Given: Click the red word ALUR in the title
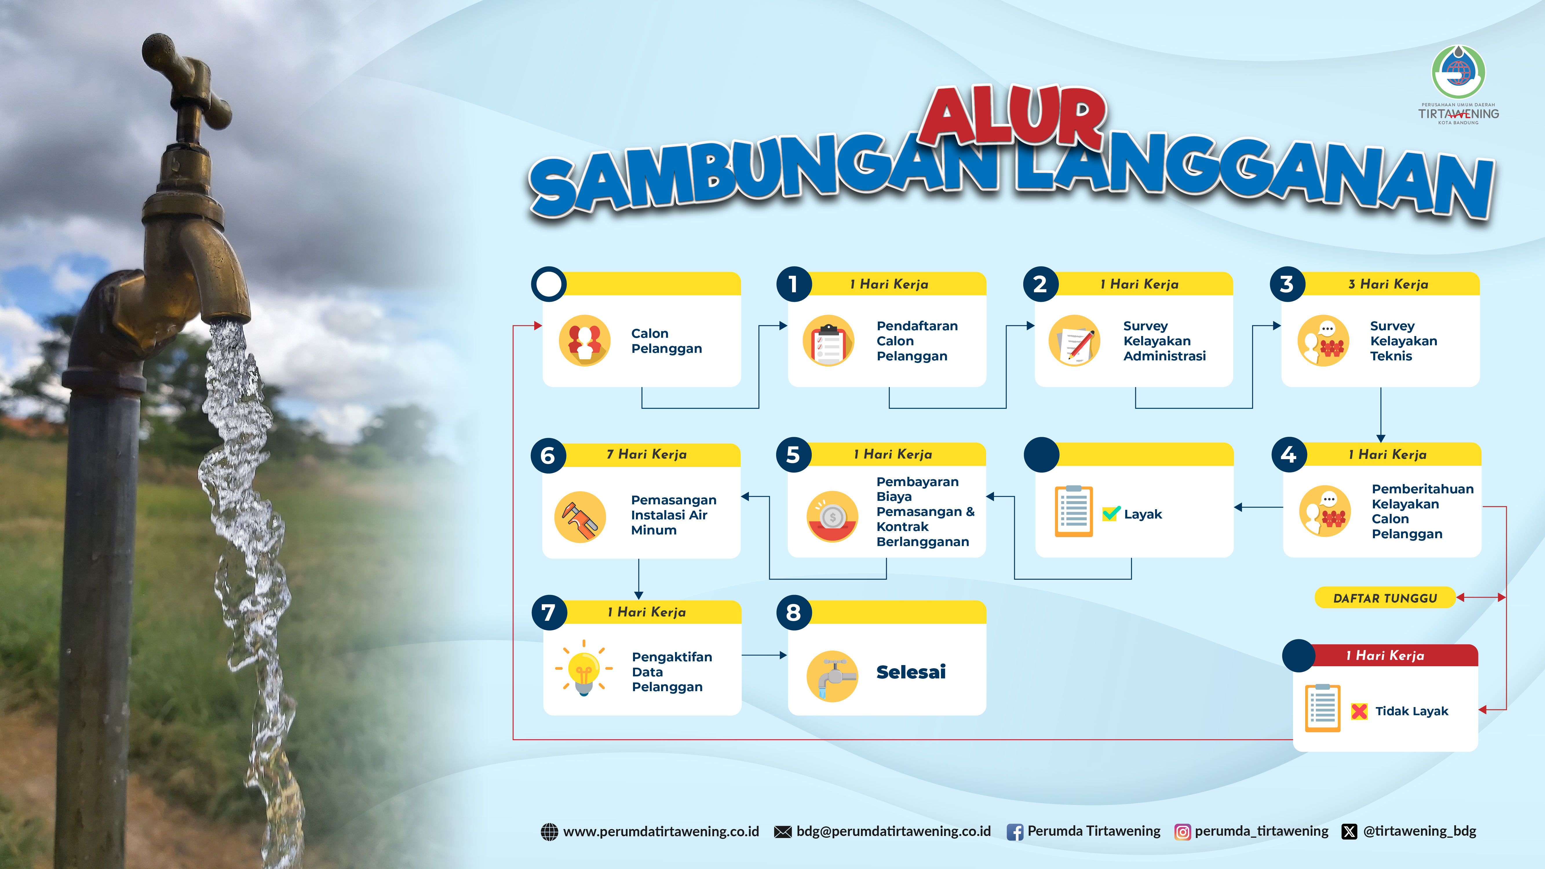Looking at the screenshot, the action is coord(1014,116).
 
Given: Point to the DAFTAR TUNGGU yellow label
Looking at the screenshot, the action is coord(1385,598).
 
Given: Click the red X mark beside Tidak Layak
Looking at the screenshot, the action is coord(1359,711).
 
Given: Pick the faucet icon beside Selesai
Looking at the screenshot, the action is coord(832,676).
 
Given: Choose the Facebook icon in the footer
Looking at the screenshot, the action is coord(1015,832).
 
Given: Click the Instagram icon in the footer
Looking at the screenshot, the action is coord(1182,832).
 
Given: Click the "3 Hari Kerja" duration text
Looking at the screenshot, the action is coord(1388,284).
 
